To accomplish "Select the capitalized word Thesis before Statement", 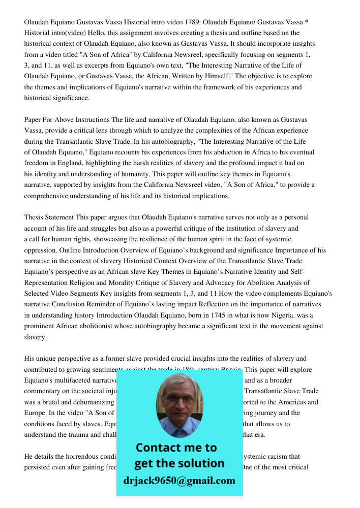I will (34, 217).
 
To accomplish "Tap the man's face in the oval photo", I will (179, 401).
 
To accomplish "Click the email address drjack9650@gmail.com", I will (179, 481).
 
